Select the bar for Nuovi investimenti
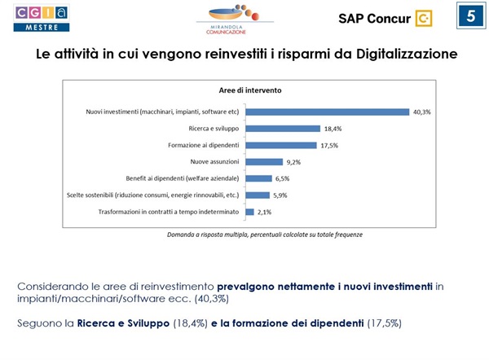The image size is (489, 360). click(327, 112)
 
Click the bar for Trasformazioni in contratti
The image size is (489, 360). click(249, 212)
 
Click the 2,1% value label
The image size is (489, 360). click(265, 212)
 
